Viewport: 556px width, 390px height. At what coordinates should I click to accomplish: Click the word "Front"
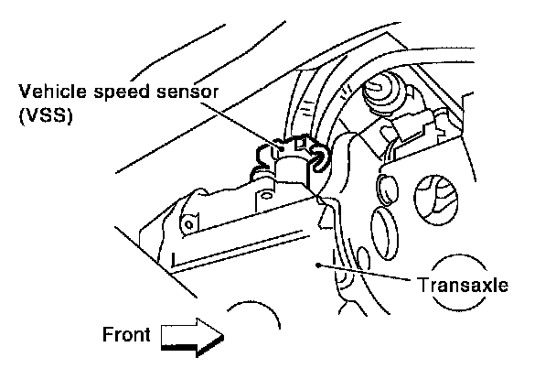126,334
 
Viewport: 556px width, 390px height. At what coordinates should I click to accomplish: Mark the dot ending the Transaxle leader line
317,264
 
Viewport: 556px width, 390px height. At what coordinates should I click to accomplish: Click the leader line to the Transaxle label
366,274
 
